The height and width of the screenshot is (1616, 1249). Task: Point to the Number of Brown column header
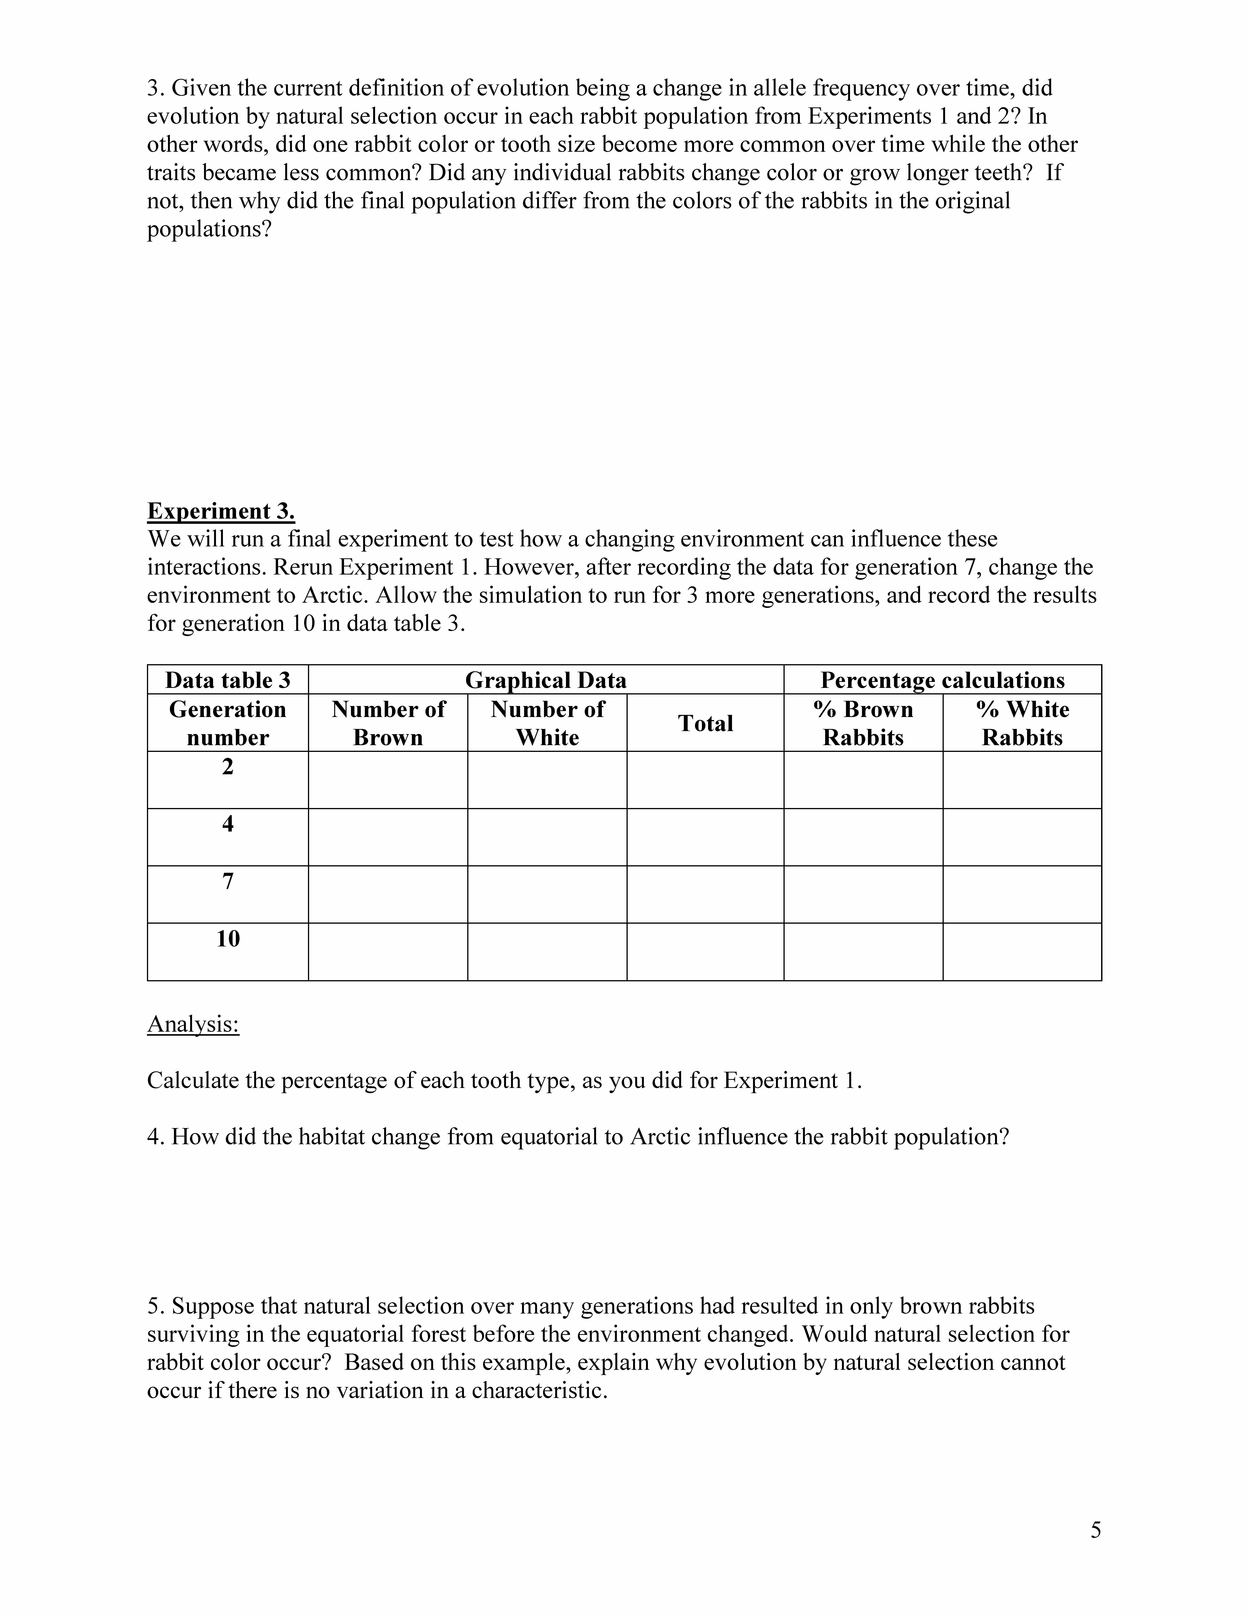coord(388,723)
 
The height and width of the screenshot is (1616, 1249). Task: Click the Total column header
coord(705,723)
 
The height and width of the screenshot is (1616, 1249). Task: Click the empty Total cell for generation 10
coord(705,952)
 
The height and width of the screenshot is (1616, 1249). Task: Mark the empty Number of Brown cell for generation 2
coord(388,780)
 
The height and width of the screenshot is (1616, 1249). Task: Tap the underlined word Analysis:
coord(193,1024)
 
